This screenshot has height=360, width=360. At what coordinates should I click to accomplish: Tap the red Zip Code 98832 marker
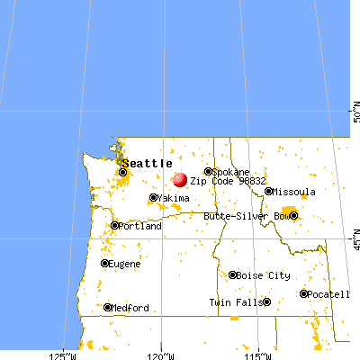click(x=180, y=180)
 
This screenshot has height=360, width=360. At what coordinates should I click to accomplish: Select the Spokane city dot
click(x=208, y=171)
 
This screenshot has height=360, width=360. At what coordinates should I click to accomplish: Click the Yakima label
click(x=174, y=198)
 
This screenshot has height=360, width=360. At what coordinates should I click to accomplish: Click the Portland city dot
click(x=114, y=226)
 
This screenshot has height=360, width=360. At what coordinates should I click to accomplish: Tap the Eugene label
click(x=124, y=264)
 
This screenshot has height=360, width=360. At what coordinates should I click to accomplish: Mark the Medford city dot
click(x=108, y=307)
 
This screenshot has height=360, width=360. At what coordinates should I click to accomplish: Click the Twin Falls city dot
click(x=267, y=302)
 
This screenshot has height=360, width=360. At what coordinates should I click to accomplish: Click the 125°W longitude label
click(x=65, y=350)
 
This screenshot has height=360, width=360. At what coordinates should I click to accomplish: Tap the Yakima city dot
click(x=153, y=198)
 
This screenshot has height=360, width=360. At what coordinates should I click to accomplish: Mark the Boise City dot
click(x=233, y=275)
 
